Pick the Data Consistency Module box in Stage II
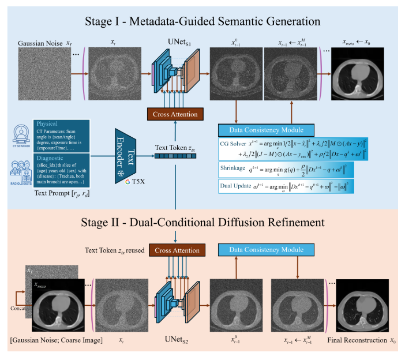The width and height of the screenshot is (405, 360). pos(270,249)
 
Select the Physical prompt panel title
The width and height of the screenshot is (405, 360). pos(47,123)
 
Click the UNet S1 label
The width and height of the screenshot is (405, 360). pos(173,43)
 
